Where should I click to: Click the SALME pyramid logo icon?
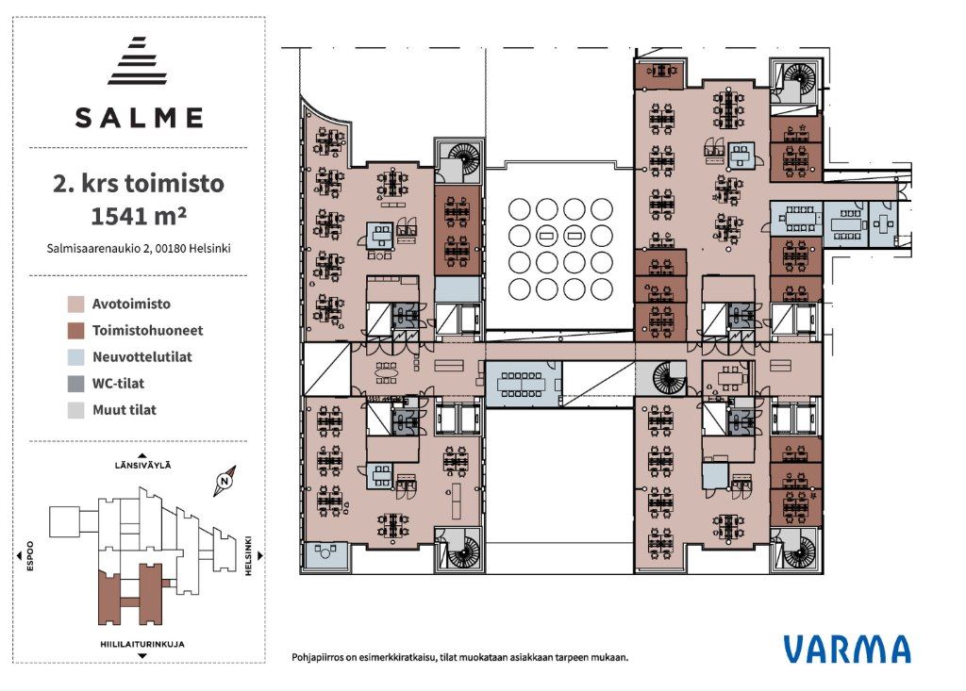click(138, 60)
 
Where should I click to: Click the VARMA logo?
click(847, 650)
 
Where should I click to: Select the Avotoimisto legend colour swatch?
click(75, 304)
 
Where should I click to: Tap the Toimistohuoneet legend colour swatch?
click(75, 331)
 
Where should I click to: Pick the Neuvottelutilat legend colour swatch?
click(75, 357)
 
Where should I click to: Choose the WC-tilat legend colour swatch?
click(75, 384)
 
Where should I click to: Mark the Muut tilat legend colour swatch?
click(75, 410)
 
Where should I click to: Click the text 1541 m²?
click(139, 216)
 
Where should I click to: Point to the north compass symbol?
click(225, 481)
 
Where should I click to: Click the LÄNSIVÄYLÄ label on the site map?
click(143, 466)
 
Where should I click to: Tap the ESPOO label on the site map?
click(29, 556)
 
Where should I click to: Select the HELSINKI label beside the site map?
click(249, 556)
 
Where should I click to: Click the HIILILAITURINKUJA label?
click(142, 644)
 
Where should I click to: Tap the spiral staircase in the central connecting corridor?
click(669, 378)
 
